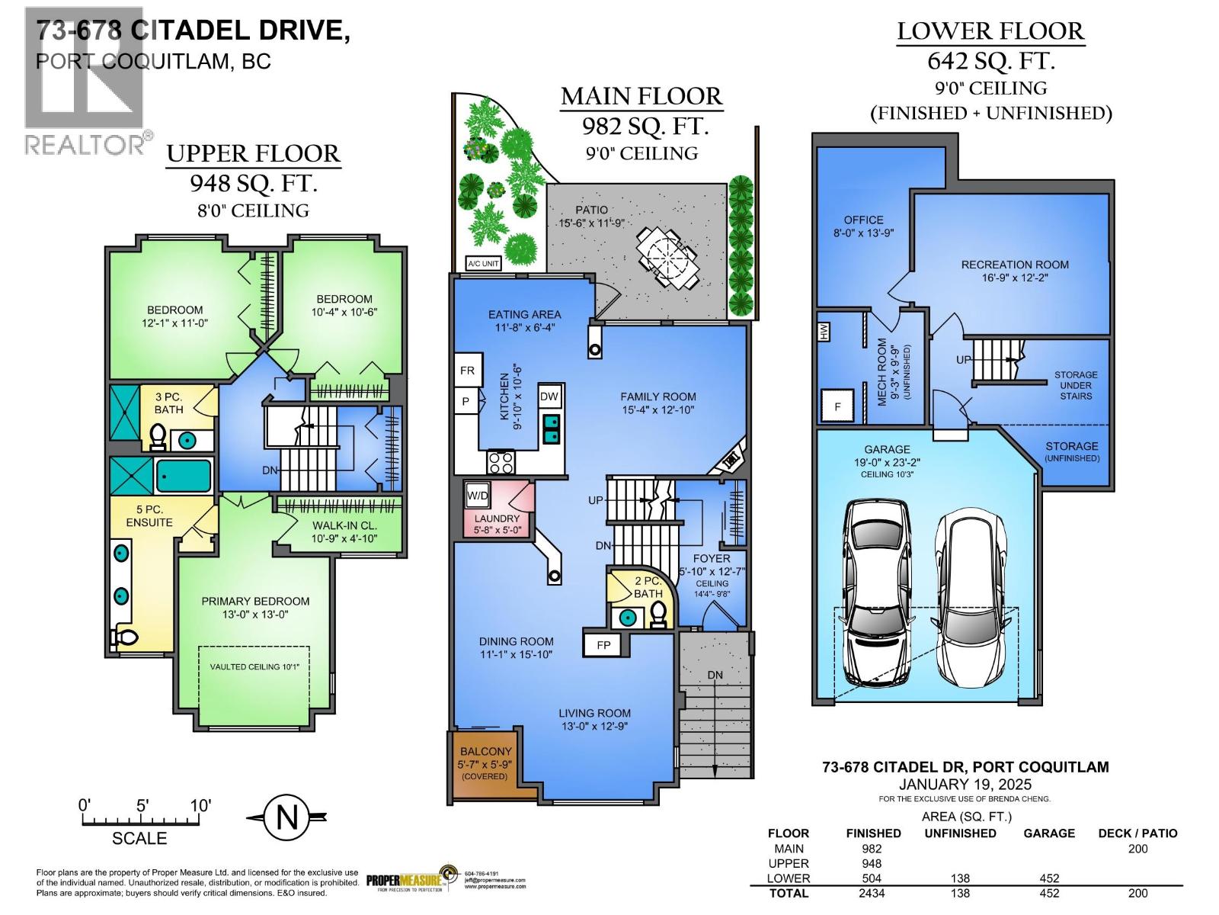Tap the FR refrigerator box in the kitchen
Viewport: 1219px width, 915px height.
(467, 371)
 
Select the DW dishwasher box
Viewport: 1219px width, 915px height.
(549, 396)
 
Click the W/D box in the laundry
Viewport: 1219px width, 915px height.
(478, 496)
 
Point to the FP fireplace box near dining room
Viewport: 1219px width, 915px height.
(603, 645)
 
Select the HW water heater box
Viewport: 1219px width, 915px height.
(824, 331)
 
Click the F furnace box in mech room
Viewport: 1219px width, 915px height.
(837, 406)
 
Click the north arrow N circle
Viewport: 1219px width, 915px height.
(286, 817)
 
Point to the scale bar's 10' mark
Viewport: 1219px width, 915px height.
(200, 806)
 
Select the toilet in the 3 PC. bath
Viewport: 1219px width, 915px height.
(158, 437)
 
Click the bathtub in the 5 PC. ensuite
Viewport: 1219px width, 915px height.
(183, 477)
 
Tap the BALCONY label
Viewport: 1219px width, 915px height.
(485, 751)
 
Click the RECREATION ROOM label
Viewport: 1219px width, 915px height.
(1014, 265)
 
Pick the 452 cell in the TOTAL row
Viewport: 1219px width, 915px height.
(1048, 893)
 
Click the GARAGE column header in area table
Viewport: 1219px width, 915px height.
(1048, 833)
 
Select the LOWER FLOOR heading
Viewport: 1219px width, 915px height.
(990, 31)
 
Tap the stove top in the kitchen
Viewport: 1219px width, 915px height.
(501, 461)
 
